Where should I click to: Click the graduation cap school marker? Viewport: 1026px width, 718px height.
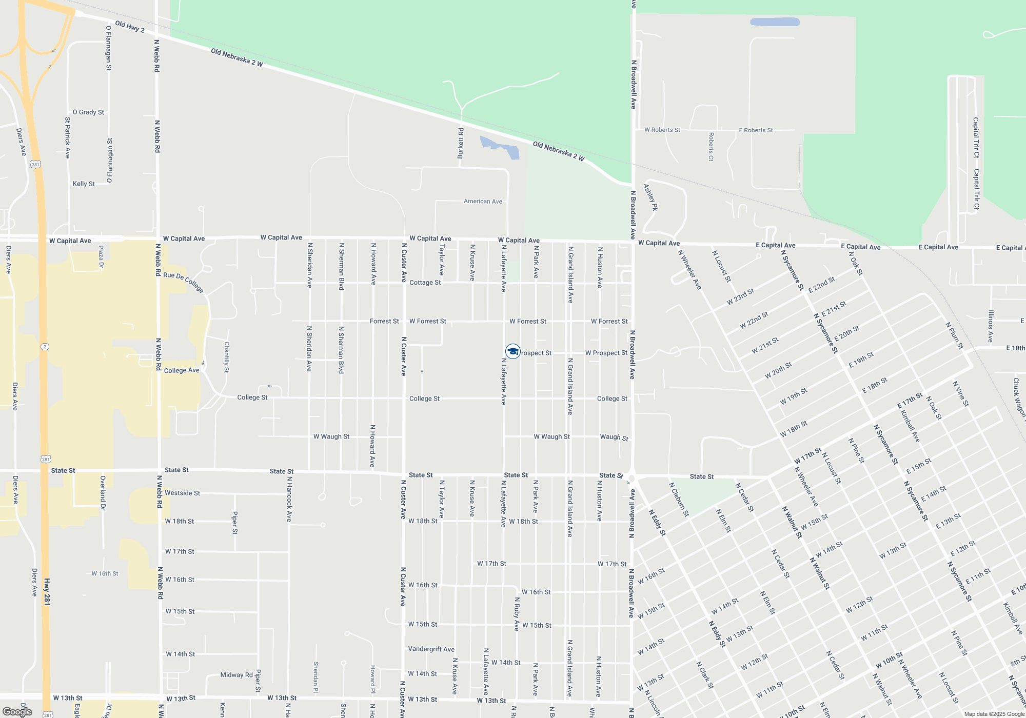[x=512, y=351]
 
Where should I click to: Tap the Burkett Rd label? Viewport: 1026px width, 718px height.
[x=461, y=143]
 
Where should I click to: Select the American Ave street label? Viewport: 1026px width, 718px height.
[x=483, y=202]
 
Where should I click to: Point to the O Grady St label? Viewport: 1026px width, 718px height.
[x=88, y=112]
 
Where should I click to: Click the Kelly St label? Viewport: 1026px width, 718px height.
[x=84, y=184]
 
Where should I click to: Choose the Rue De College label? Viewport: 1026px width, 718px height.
[x=184, y=282]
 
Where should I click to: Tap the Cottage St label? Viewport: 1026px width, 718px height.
[x=425, y=283]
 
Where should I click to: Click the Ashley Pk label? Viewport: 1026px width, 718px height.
[x=650, y=197]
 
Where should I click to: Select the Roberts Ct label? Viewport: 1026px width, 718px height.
[x=711, y=147]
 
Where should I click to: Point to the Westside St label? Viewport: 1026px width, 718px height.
[x=182, y=493]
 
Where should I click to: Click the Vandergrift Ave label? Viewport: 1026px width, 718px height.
[x=431, y=649]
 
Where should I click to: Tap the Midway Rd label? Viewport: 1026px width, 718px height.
[x=236, y=675]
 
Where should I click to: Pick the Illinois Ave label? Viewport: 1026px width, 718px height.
[x=991, y=326]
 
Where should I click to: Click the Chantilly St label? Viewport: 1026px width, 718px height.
[x=227, y=357]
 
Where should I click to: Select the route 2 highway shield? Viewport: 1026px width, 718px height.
[x=45, y=347]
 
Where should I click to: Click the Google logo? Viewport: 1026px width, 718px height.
[x=18, y=712]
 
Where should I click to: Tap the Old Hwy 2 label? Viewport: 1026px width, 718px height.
[x=129, y=27]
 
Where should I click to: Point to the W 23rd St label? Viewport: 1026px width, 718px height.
[x=740, y=297]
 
